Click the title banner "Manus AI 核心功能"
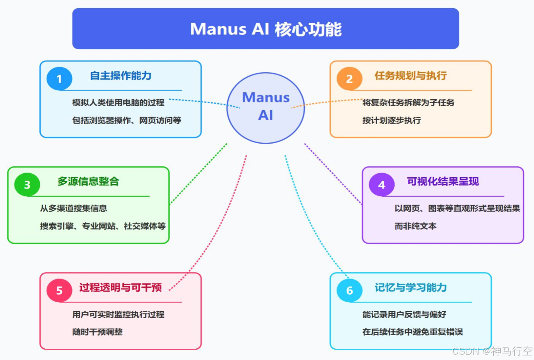265,29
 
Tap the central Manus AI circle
265,108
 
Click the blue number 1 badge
59,79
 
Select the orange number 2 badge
349,79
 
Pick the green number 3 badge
27,185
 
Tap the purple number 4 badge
381,185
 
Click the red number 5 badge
59,291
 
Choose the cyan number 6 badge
349,291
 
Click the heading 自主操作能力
121,76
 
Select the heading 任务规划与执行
411,76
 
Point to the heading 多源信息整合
88,182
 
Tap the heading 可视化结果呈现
443,182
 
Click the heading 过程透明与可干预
121,287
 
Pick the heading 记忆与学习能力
411,287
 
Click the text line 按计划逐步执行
392,120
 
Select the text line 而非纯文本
415,226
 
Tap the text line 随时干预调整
97,332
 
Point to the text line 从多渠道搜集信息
73,208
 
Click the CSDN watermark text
492,351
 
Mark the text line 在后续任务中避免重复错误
413,332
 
